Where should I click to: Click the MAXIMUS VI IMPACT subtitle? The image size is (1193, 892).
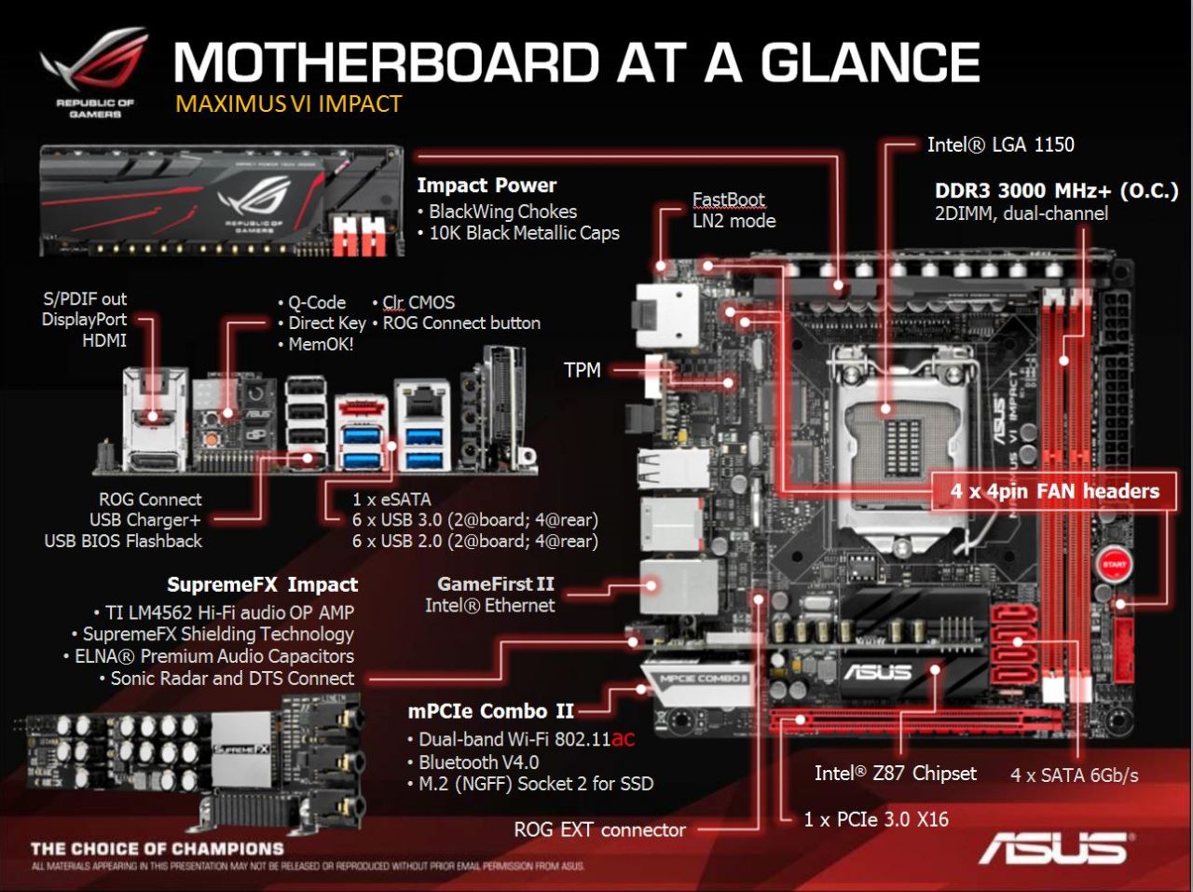[288, 103]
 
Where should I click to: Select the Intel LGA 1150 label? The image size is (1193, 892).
[1000, 144]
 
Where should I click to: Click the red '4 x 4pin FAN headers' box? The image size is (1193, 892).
[1054, 491]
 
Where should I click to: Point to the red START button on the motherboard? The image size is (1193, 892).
[1115, 565]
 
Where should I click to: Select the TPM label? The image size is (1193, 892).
[582, 370]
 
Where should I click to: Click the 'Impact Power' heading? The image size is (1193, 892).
[487, 185]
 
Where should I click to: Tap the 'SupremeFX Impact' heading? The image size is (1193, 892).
[262, 584]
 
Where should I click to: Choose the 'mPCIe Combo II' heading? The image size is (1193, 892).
[490, 711]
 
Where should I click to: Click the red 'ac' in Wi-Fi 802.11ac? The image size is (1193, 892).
[624, 739]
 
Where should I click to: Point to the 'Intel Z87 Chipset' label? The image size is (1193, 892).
[895, 773]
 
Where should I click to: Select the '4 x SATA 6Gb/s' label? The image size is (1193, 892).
[1074, 775]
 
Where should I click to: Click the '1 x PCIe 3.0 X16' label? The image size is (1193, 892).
[876, 819]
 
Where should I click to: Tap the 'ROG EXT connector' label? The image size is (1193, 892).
[599, 830]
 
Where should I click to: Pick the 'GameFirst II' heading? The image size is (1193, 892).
[495, 584]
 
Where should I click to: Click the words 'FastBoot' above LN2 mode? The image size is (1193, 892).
[728, 199]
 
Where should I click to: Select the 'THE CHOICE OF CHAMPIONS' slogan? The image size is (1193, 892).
[157, 848]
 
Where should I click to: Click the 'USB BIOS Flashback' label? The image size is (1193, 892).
[123, 541]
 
